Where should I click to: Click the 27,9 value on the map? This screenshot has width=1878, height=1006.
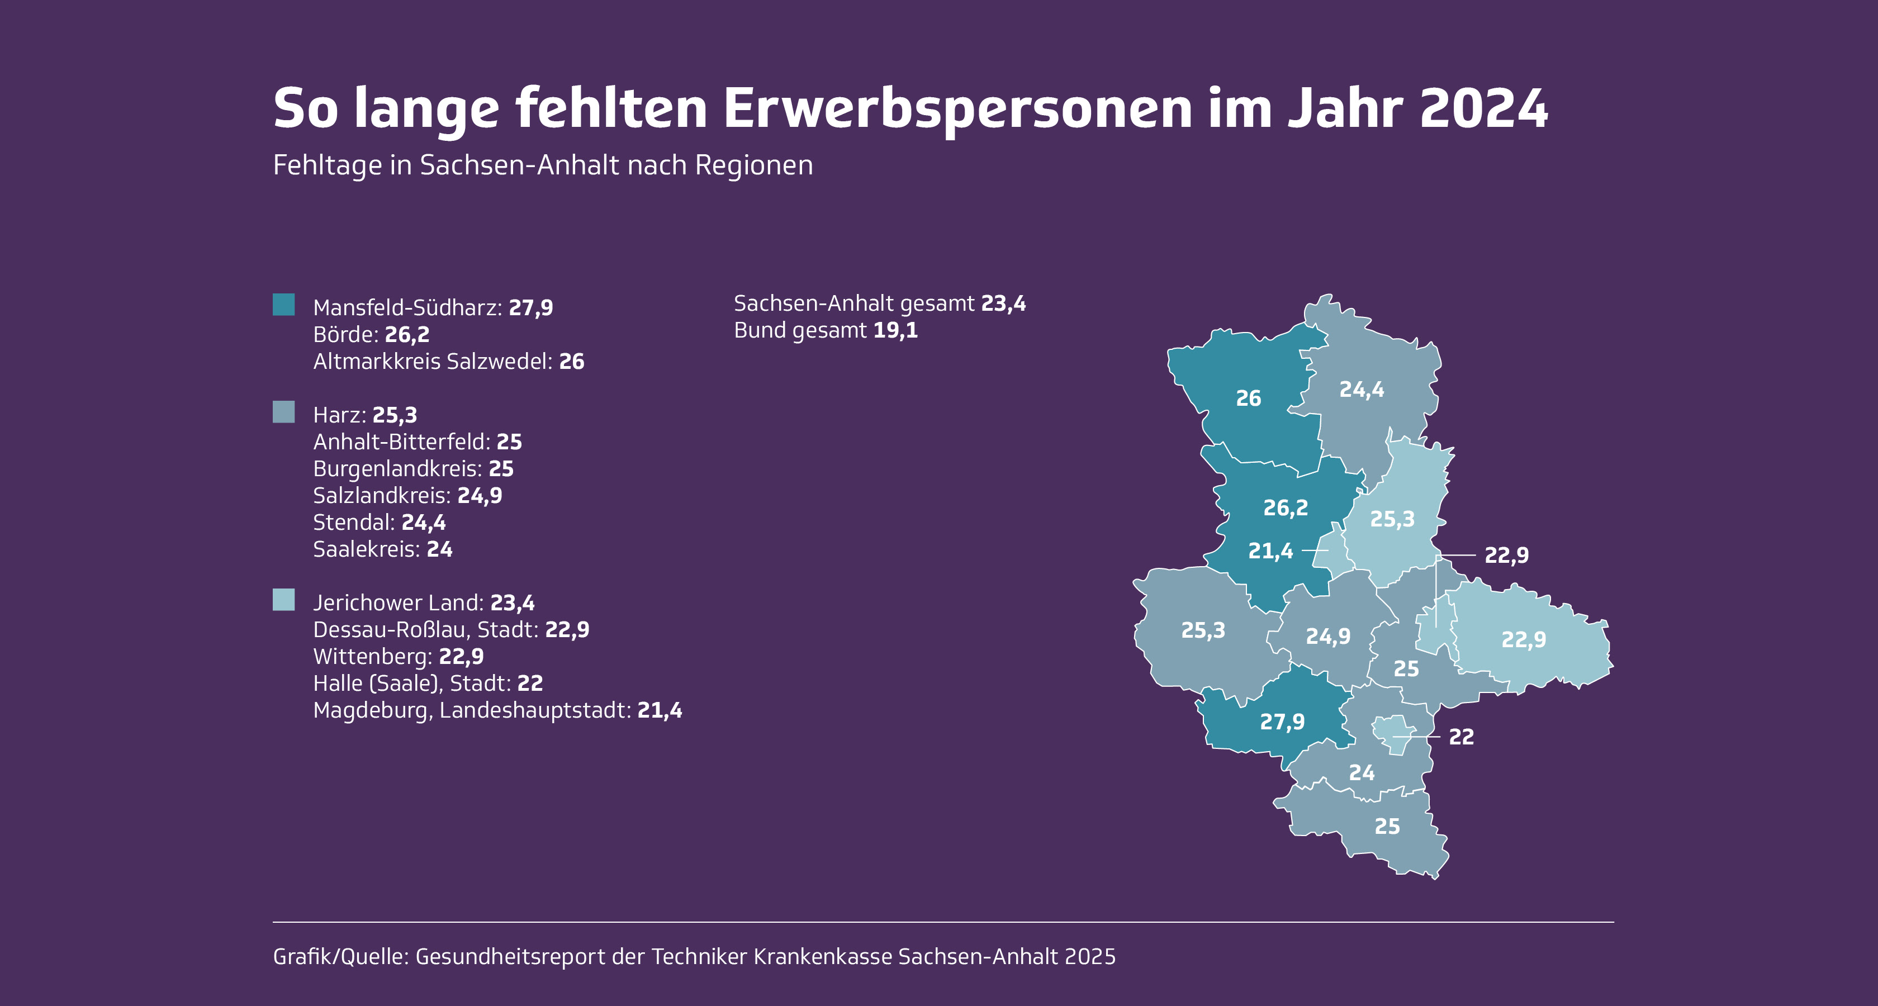tap(1282, 722)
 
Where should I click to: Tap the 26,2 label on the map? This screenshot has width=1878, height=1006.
tap(1286, 507)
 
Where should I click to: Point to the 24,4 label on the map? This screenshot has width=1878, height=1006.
tap(1361, 390)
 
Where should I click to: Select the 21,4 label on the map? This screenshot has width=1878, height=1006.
tap(1270, 551)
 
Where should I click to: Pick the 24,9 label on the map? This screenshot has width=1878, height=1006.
tap(1327, 637)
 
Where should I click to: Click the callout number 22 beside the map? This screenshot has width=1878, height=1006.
tap(1461, 737)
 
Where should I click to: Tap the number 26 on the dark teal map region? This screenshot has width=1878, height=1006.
tap(1248, 398)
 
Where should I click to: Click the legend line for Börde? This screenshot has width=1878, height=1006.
tap(371, 335)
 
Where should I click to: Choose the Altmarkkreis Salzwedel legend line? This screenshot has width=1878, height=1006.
tap(448, 362)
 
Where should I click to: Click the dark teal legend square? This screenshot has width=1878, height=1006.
tap(283, 305)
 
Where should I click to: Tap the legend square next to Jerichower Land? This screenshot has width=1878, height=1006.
tap(283, 600)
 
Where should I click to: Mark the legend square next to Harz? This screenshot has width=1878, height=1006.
tap(283, 412)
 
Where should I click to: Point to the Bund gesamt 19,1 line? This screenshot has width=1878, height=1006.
tap(826, 330)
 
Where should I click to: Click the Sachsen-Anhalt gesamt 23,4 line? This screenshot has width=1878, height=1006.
tap(879, 303)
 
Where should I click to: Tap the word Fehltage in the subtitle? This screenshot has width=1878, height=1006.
tap(326, 165)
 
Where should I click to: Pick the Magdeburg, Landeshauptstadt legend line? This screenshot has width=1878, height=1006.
tap(497, 710)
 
